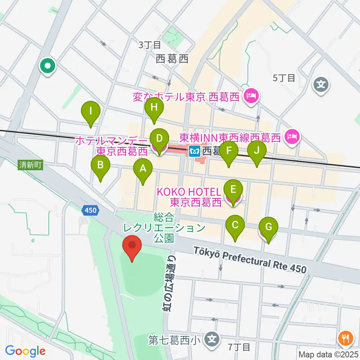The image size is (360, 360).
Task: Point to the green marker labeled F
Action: [x=229, y=151]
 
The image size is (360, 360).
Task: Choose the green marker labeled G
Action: [x=268, y=227]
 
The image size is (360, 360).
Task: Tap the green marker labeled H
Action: [x=154, y=108]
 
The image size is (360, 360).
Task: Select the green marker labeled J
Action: [x=257, y=151]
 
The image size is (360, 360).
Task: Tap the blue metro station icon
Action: [x=194, y=151]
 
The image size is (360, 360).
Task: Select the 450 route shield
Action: [x=90, y=211]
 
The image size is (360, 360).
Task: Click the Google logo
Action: [x=25, y=351]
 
